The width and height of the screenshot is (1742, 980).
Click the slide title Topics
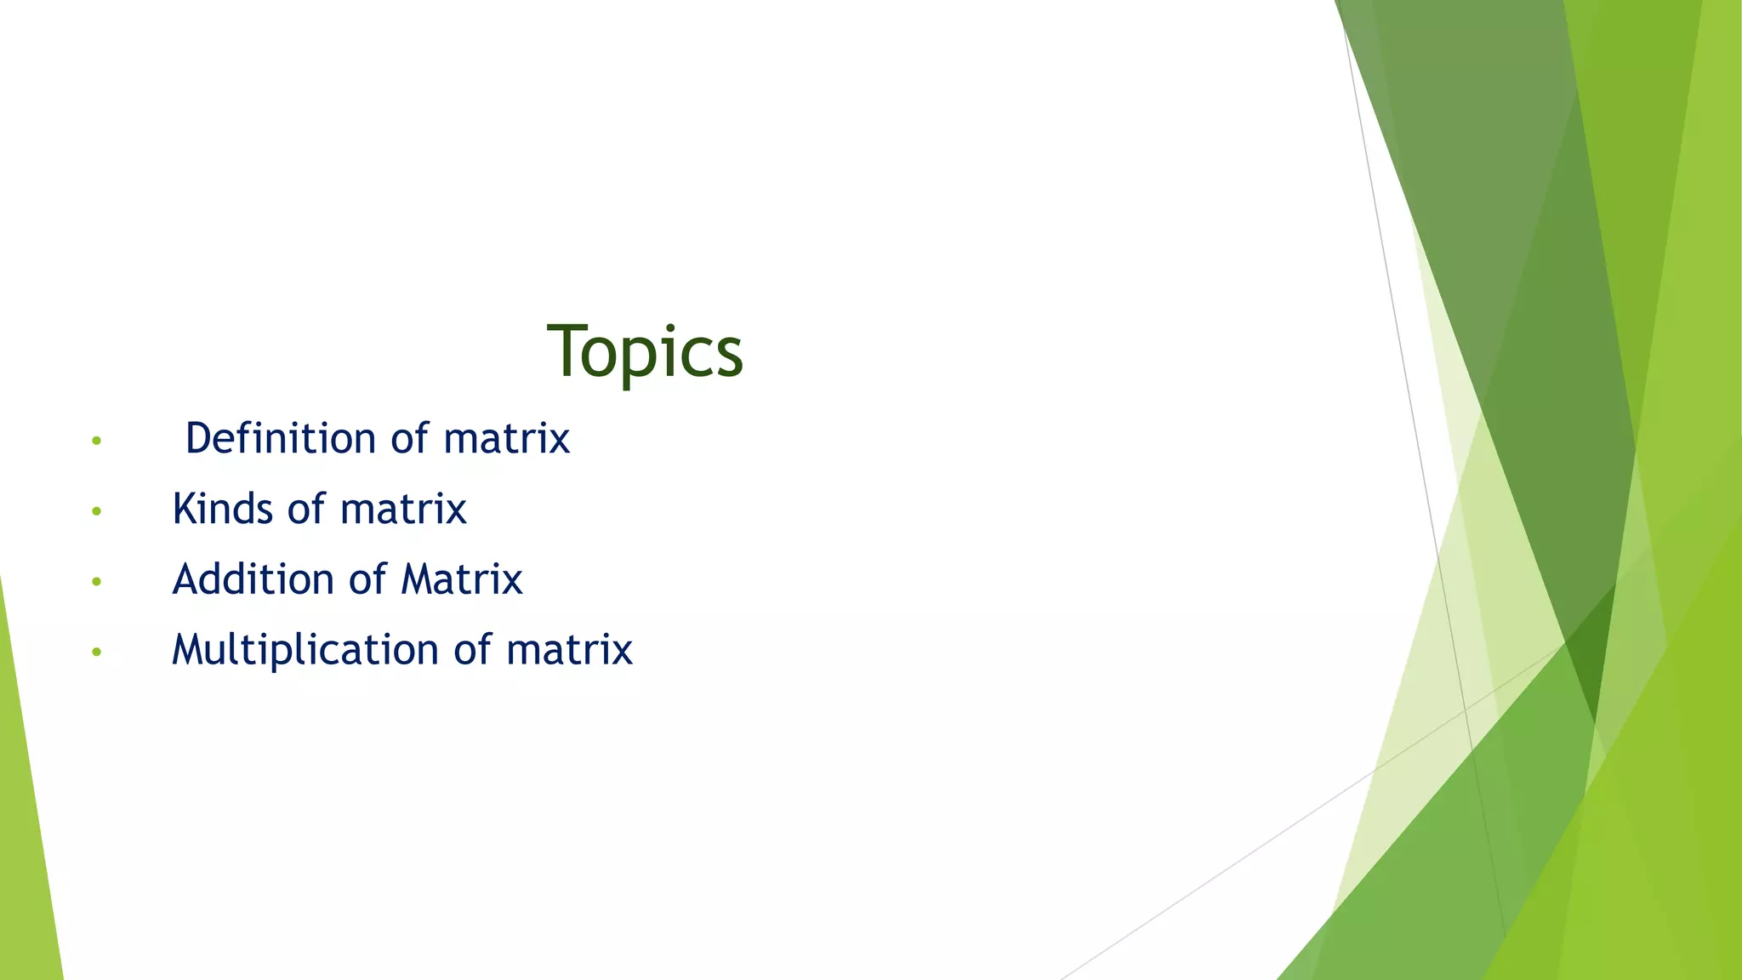[645, 352]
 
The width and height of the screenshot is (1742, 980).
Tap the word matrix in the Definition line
[506, 439]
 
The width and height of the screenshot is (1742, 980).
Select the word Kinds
[222, 510]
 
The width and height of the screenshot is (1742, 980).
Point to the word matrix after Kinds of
[403, 510]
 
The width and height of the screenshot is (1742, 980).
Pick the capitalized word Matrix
[461, 580]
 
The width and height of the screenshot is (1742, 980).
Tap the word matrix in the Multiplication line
[569, 651]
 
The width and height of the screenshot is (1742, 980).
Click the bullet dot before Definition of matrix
[97, 441]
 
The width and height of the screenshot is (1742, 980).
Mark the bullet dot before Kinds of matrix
[97, 511]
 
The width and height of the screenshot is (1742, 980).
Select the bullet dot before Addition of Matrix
[97, 582]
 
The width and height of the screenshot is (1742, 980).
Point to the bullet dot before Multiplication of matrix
[97, 652]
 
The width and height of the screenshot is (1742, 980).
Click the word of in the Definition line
[409, 439]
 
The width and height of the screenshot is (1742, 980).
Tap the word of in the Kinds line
[306, 510]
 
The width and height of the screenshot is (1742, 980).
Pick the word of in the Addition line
[367, 580]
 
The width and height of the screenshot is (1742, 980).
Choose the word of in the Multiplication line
[472, 651]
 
